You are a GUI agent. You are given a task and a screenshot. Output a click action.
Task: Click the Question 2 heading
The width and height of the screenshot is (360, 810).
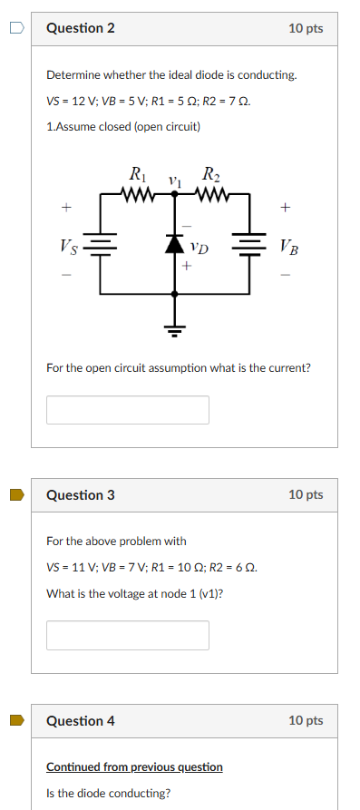click(81, 29)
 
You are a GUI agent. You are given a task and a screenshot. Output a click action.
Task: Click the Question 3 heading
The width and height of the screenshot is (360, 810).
click(81, 495)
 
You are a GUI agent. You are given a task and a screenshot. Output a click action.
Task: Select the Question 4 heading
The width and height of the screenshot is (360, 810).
click(81, 721)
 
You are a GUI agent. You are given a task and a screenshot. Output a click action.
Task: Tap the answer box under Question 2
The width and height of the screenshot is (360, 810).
click(128, 410)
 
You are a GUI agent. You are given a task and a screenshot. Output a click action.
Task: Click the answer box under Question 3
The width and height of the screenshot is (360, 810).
click(128, 635)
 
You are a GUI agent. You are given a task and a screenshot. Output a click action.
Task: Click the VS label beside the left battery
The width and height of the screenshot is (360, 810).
click(68, 245)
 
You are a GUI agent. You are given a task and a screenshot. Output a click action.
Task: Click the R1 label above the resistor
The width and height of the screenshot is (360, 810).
click(139, 173)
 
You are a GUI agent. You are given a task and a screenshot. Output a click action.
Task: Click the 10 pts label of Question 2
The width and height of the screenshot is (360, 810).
click(306, 29)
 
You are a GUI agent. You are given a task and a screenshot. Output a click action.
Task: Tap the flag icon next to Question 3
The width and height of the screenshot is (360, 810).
click(16, 495)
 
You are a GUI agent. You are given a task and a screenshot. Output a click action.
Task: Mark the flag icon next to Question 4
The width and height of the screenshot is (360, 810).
click(16, 721)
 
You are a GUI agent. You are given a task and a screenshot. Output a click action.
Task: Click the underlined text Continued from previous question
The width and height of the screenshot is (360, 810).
click(134, 767)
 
